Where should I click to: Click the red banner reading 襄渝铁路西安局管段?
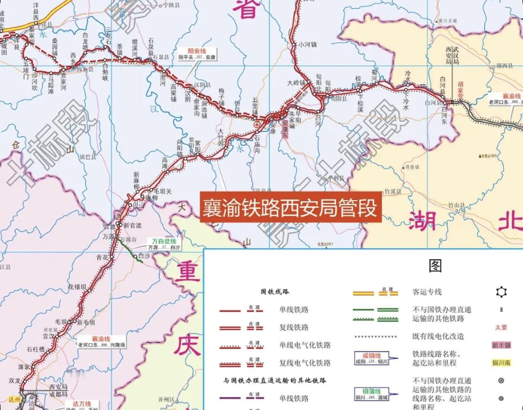290,207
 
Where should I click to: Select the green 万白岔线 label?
164,241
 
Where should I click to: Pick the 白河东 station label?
445,117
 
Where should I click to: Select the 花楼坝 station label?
77,287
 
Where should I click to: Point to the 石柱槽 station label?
36,349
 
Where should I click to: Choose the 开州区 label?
166,400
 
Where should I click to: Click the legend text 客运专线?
427,292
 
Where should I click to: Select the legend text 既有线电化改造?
438,337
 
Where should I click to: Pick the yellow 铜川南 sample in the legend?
501,363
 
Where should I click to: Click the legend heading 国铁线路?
274,292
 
